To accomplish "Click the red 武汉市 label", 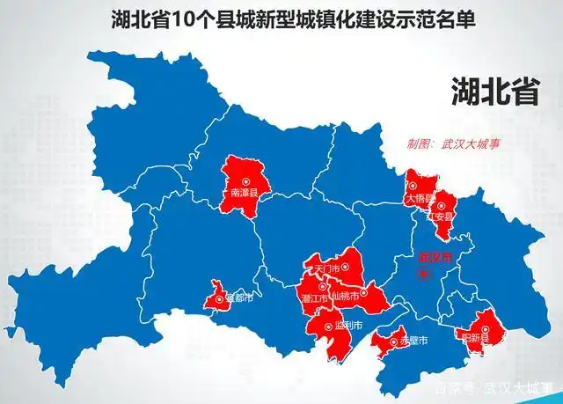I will [435, 258].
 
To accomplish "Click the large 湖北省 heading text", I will [494, 91].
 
